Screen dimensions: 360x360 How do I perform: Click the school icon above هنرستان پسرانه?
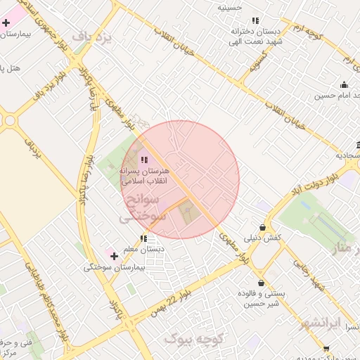(x=144, y=160)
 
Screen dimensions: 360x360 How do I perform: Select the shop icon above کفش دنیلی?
(x=262, y=228)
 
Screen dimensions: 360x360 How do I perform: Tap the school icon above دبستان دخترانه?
(x=255, y=21)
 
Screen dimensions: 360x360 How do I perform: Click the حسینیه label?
(x=229, y=8)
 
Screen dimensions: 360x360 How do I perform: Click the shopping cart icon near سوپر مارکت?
(x=326, y=348)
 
